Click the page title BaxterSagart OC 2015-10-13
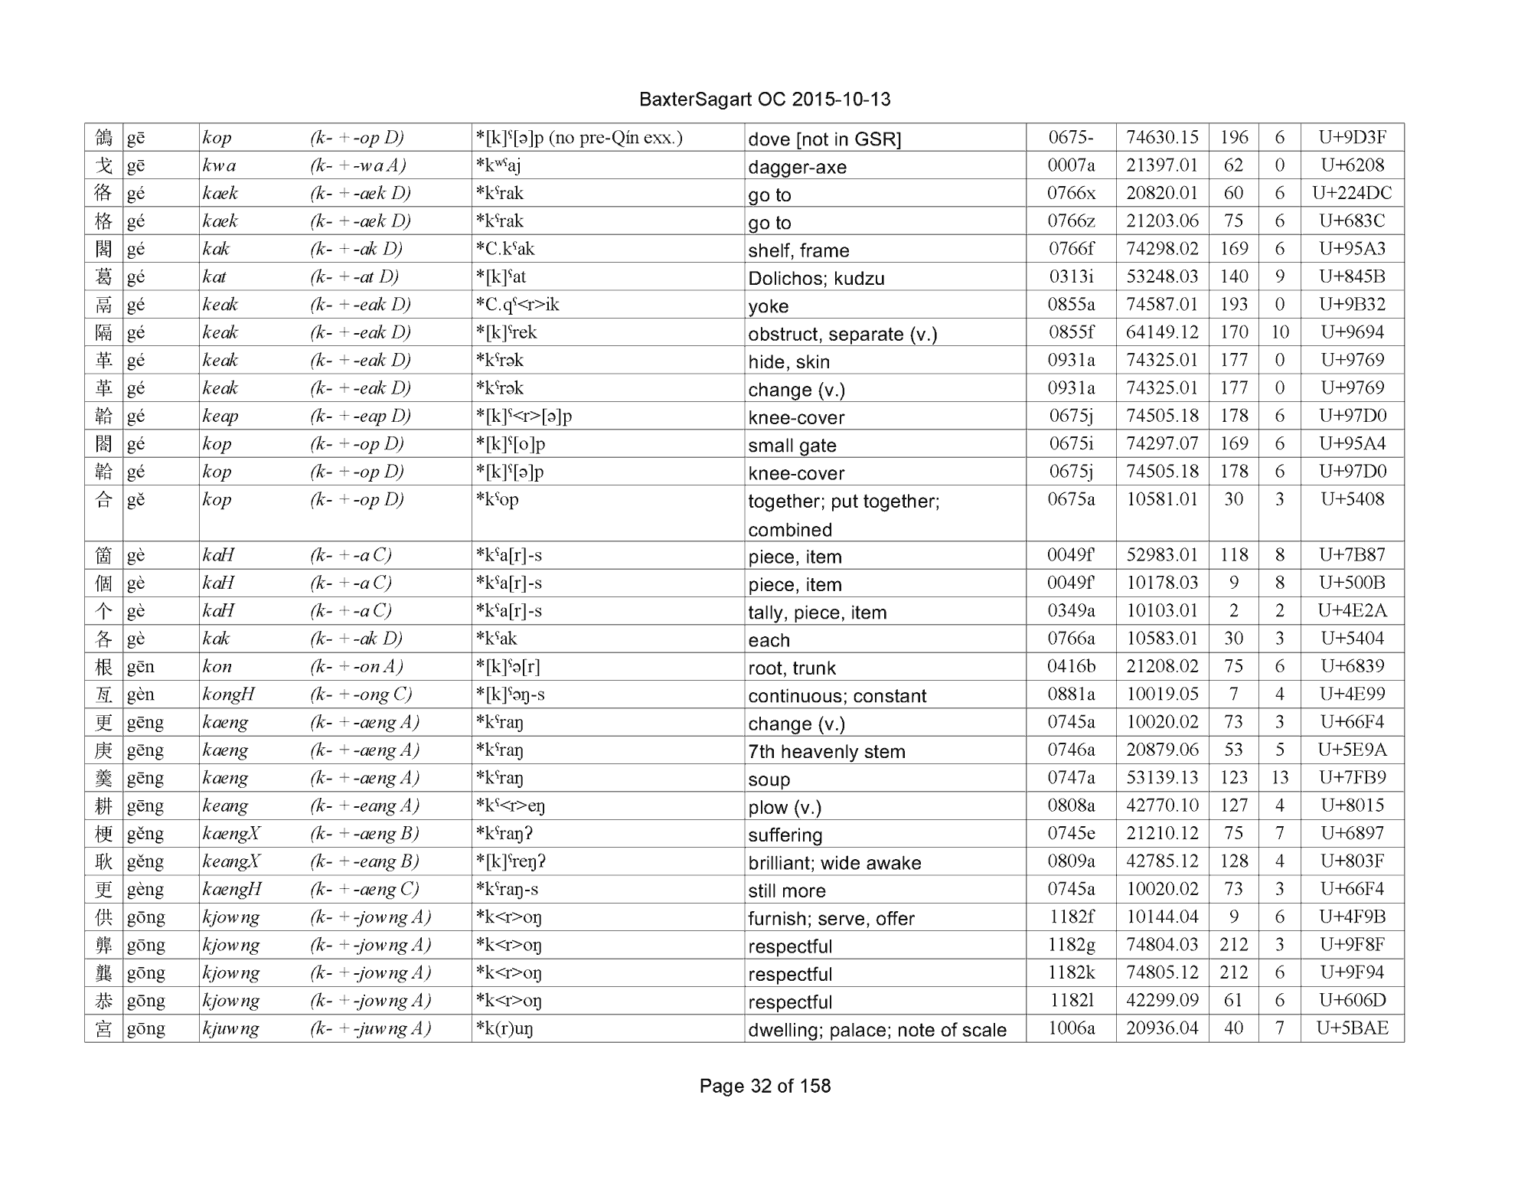764,100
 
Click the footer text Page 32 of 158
765,1086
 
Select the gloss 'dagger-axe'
797,167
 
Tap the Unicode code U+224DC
1352,193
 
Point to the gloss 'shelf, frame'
798,250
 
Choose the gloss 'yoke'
768,306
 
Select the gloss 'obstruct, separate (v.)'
842,334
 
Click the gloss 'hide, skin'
788,361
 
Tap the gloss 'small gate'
792,445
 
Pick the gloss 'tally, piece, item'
817,612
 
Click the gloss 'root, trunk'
792,668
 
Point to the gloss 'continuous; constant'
837,695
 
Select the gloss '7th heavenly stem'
826,751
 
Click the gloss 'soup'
769,779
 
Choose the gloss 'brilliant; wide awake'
834,863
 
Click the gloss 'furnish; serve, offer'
831,918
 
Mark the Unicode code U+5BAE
1352,1028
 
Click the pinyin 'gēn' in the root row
141,666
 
